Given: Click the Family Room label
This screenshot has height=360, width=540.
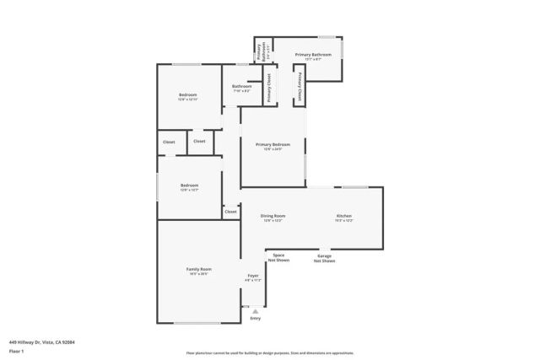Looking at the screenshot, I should (198, 269).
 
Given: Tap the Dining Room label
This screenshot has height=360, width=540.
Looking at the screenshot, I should (273, 216).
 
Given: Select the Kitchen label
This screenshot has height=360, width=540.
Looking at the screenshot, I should (344, 216).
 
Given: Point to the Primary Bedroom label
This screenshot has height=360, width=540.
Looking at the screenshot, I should (273, 144).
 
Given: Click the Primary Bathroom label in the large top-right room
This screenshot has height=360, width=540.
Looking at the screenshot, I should (313, 55).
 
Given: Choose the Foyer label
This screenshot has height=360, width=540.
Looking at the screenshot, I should (253, 276).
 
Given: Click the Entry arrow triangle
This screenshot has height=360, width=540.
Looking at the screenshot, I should (256, 311).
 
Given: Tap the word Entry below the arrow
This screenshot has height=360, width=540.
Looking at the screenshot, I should (256, 319).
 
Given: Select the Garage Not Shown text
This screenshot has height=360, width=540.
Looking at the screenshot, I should (325, 258).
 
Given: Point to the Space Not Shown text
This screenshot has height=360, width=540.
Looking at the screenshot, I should (278, 257).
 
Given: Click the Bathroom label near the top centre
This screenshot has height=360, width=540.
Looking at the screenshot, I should (242, 86).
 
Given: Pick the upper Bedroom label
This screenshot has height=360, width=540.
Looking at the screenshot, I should (188, 95).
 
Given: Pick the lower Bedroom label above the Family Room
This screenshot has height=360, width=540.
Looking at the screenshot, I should (189, 185).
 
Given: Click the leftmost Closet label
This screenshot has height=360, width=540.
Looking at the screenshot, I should (169, 142).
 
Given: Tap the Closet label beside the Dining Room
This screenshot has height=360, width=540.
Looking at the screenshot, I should (230, 212).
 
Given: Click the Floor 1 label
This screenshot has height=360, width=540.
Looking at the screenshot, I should (16, 350).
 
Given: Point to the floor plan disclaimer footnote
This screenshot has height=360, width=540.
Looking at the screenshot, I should (270, 353).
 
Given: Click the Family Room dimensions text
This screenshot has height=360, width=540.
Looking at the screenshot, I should (198, 274).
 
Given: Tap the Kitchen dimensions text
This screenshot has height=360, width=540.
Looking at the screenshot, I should (344, 221).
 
